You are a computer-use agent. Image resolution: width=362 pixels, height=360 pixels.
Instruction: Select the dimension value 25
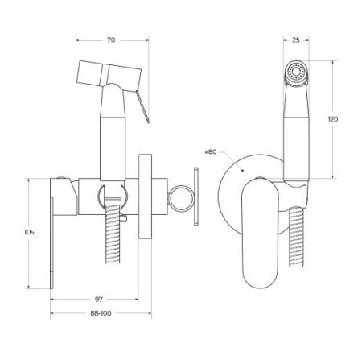(x=295, y=38)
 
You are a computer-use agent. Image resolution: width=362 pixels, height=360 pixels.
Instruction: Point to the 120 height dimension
(x=334, y=118)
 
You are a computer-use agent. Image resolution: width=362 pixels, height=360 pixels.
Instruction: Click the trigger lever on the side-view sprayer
(x=143, y=106)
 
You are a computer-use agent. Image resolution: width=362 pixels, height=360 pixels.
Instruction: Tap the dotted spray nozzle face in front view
(x=296, y=75)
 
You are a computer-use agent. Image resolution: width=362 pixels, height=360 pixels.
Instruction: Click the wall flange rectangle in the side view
(x=145, y=197)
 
